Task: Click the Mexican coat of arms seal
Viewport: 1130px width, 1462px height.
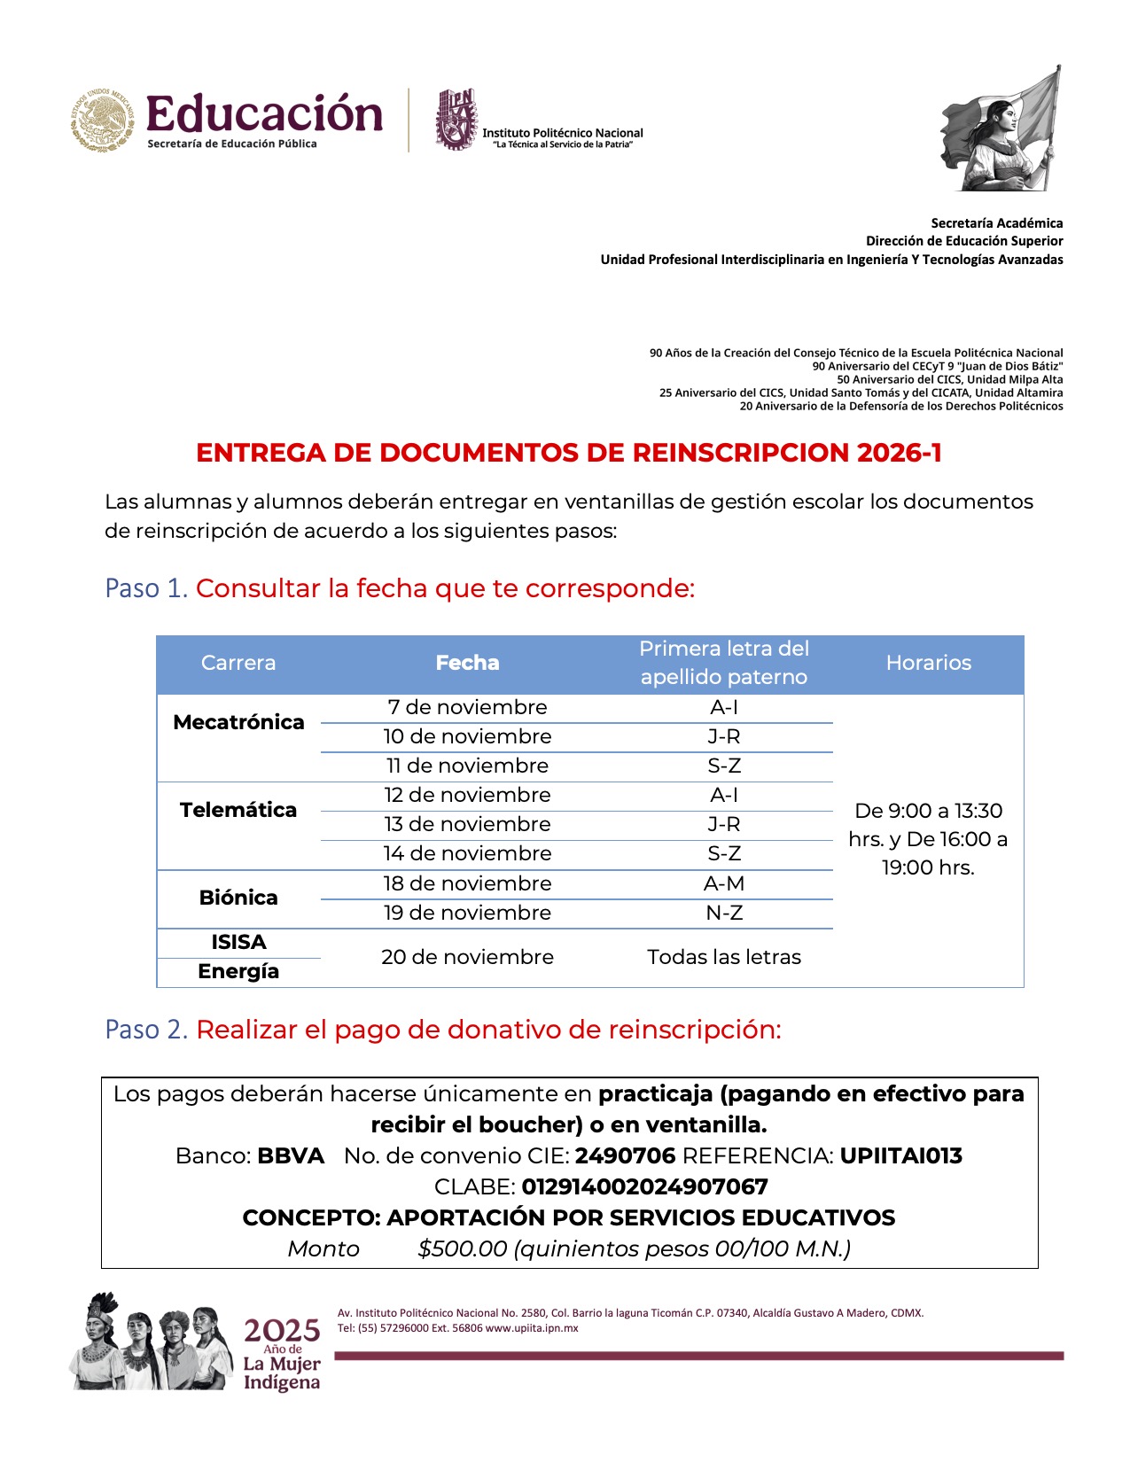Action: click(103, 120)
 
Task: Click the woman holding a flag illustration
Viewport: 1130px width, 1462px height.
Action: click(1002, 129)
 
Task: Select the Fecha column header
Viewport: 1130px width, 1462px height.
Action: click(467, 663)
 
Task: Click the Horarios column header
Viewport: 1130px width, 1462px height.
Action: click(928, 663)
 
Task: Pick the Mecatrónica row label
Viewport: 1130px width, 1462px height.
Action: click(238, 722)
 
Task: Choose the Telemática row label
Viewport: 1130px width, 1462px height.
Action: click(238, 810)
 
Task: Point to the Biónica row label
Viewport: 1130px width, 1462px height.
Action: click(238, 898)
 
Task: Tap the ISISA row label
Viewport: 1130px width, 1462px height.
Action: click(238, 942)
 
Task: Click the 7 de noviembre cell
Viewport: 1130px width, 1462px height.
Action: click(467, 707)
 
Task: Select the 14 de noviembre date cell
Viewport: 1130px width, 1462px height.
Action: click(467, 853)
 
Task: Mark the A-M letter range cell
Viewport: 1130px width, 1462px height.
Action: click(724, 883)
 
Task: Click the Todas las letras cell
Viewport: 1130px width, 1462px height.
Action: click(724, 957)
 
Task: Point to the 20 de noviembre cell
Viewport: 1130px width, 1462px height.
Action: click(467, 957)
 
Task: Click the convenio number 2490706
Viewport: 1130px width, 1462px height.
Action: click(625, 1155)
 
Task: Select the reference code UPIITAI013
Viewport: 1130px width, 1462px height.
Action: click(900, 1155)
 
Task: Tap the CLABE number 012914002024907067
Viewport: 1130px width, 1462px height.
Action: click(644, 1186)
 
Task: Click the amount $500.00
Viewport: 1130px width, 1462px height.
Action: click(462, 1248)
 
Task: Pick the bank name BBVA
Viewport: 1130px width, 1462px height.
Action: click(291, 1155)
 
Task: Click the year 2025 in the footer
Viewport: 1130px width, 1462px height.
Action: click(282, 1330)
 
